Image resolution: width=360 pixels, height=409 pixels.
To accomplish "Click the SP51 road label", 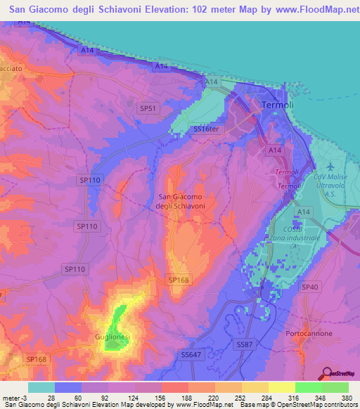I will (x=148, y=108).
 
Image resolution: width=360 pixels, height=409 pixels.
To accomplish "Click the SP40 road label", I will (x=309, y=287).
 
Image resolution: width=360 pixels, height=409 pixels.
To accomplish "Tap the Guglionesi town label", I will (x=112, y=338).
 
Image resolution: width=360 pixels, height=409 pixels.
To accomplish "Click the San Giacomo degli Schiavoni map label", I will (x=181, y=201).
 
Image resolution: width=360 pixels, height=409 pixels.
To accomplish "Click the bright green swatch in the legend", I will (x=308, y=387).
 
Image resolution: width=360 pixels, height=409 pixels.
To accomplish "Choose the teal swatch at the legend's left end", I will (x=41, y=387).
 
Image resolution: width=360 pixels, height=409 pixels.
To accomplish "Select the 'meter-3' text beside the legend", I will (x=14, y=397).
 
